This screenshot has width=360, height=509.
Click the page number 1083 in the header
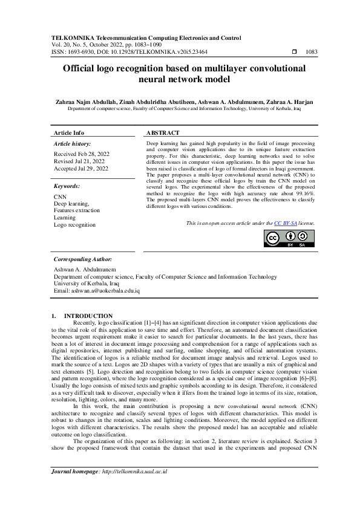click(311, 53)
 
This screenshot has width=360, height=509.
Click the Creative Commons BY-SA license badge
click(290, 239)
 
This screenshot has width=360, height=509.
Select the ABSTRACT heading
click(163, 132)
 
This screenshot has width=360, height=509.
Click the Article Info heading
click(69, 132)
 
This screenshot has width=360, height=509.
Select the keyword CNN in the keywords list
click(60, 197)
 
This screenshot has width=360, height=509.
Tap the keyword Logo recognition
click(74, 224)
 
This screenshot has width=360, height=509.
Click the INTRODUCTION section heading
click(88, 316)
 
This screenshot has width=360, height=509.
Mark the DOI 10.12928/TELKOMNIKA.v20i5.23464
click(157, 53)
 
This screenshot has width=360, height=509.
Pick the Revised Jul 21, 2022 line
click(79, 162)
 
